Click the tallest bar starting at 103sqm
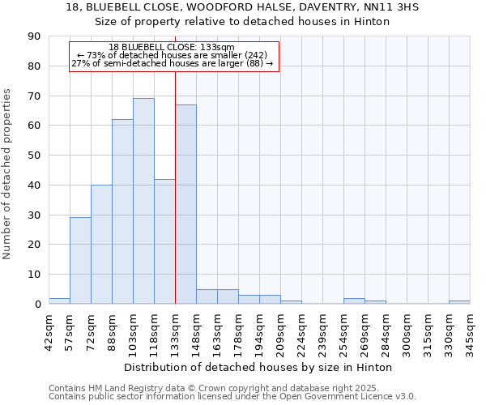[x=143, y=201]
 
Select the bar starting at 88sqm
[x=122, y=211]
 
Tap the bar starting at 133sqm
[x=185, y=204]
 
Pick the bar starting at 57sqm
[x=80, y=261]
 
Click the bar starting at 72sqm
[x=101, y=245]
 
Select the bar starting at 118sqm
[x=164, y=241]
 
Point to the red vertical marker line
[x=175, y=162]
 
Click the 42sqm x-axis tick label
[x=49, y=329]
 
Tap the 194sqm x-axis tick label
[x=260, y=329]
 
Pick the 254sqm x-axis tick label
[x=344, y=329]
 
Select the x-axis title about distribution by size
[x=259, y=367]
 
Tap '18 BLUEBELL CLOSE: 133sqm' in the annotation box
[x=172, y=47]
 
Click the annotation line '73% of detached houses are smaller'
[x=172, y=55]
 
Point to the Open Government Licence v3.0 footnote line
[x=232, y=396]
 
